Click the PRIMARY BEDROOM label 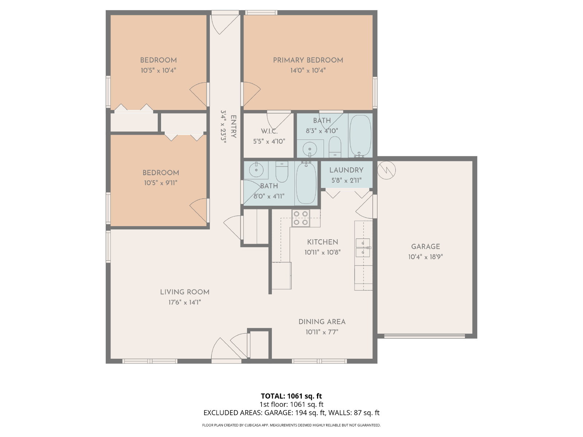point(308,60)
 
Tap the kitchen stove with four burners point(301,218)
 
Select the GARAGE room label point(426,247)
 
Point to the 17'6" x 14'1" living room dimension point(185,302)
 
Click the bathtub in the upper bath point(360,136)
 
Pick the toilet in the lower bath point(282,172)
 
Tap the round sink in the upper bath point(310,148)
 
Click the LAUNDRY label point(347,170)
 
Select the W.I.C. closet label point(269,131)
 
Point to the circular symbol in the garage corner point(387,170)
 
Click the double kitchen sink point(363,248)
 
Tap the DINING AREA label point(322,322)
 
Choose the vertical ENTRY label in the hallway point(234,127)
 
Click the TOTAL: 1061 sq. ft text point(291,396)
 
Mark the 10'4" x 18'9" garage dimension point(426,257)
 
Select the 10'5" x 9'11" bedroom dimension point(161,183)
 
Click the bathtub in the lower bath point(306,183)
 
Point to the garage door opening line point(424,336)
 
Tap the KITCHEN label point(322,242)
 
